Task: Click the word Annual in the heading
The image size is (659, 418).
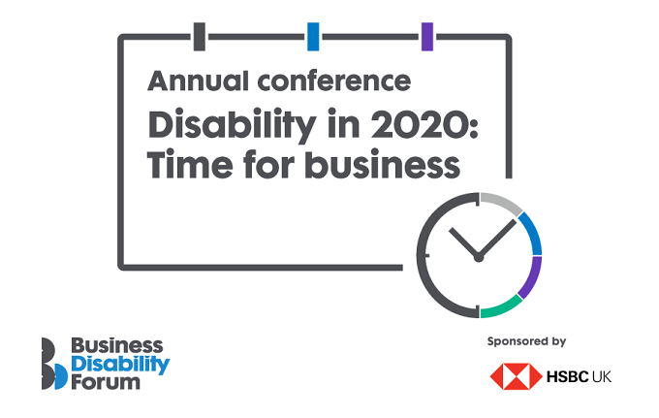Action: tap(198, 80)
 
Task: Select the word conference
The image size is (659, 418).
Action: tap(334, 80)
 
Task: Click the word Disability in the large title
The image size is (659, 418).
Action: tap(232, 125)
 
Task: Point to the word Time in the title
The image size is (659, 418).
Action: tap(190, 164)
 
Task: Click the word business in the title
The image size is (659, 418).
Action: tap(383, 164)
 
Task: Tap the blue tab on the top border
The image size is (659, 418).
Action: tap(313, 37)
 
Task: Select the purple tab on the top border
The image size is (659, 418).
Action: tap(427, 37)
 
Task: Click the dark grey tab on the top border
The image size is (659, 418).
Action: tap(200, 37)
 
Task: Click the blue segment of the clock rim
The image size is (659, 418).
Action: tap(533, 232)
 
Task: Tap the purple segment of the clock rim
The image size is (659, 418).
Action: tap(533, 278)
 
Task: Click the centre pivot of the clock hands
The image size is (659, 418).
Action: tap(479, 257)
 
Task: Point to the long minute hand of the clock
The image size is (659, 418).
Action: tap(497, 239)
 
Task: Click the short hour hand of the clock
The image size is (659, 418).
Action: tap(464, 242)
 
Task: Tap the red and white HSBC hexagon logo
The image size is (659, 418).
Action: tap(517, 376)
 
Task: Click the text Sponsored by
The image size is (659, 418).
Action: tap(526, 341)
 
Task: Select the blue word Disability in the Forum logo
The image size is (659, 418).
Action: tap(120, 365)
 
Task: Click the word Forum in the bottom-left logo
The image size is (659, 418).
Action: tap(106, 383)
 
